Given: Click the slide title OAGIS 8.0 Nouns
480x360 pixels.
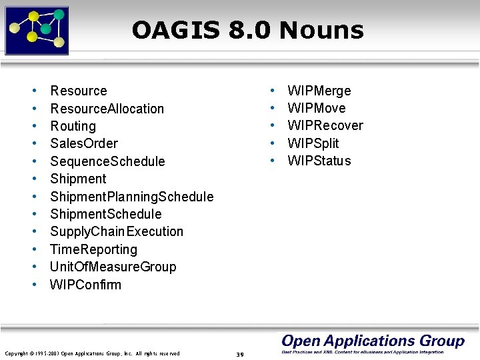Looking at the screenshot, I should pyautogui.click(x=247, y=30).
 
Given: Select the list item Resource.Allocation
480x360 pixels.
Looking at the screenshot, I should pyautogui.click(x=107, y=108).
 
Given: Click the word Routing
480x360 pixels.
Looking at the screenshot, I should pyautogui.click(x=73, y=126).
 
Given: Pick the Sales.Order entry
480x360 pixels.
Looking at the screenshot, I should pyautogui.click(x=84, y=143).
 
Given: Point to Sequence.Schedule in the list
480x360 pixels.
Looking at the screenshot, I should pyautogui.click(x=107, y=161).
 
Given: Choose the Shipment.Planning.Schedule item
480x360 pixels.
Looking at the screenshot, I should pyautogui.click(x=131, y=197).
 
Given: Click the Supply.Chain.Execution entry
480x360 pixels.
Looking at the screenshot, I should pyautogui.click(x=116, y=231).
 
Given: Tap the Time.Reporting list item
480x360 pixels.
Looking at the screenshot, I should pyautogui.click(x=93, y=249).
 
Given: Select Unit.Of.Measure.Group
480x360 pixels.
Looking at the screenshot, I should pyautogui.click(x=113, y=267).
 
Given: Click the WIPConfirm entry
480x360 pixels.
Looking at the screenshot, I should pyautogui.click(x=85, y=285).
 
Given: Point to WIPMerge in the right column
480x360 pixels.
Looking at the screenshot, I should pyautogui.click(x=319, y=91).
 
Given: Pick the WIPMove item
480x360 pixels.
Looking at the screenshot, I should pyautogui.click(x=316, y=108).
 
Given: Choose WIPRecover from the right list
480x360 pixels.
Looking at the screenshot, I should pyautogui.click(x=325, y=125).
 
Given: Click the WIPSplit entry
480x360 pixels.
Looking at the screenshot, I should pyautogui.click(x=313, y=143).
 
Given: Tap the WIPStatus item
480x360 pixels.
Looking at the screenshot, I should pyautogui.click(x=319, y=161).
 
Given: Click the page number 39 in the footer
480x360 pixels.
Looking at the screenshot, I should pyautogui.click(x=240, y=354).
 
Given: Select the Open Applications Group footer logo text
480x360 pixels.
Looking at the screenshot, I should pyautogui.click(x=373, y=341).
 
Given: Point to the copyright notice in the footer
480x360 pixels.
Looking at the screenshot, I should pyautogui.click(x=92, y=353).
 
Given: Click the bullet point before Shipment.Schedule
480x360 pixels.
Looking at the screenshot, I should pyautogui.click(x=33, y=214).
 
